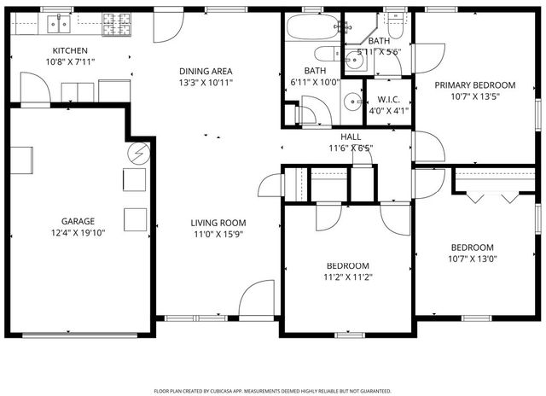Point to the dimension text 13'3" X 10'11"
tap(206, 83)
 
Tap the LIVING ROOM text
tap(218, 223)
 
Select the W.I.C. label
tap(379, 97)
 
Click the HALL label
tap(351, 137)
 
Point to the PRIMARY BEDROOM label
tap(475, 85)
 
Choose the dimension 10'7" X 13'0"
tap(472, 259)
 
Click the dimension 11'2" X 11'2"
tap(348, 277)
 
